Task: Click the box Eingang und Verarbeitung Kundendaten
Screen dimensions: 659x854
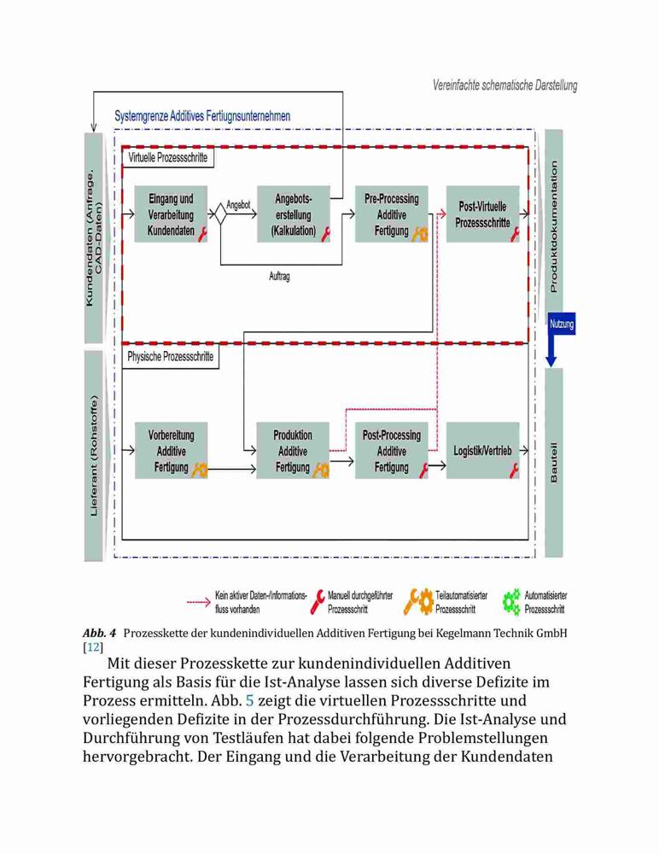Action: [x=171, y=214]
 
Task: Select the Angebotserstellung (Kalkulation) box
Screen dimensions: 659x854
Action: [x=294, y=214]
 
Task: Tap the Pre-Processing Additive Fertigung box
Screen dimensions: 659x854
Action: [x=392, y=214]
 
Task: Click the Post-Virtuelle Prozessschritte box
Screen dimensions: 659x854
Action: [x=482, y=214]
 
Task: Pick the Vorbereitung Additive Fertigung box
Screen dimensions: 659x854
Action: [x=171, y=450]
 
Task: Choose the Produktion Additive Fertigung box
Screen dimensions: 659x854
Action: [x=293, y=450]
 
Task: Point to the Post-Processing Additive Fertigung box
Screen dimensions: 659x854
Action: [x=392, y=450]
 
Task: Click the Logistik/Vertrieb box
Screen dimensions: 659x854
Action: [x=482, y=450]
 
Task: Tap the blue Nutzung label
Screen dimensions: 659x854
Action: [x=562, y=324]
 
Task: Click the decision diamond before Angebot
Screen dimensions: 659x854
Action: [x=220, y=214]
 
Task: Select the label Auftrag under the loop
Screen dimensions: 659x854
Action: [x=279, y=276]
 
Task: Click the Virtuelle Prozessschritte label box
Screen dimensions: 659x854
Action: [x=168, y=157]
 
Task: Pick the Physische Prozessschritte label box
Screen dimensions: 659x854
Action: [x=171, y=357]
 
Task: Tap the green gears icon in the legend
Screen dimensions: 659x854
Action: [x=511, y=602]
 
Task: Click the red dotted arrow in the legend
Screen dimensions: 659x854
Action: [x=199, y=602]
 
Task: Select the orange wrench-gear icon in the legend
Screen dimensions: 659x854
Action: [x=418, y=602]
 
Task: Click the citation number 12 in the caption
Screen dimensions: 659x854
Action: [x=93, y=647]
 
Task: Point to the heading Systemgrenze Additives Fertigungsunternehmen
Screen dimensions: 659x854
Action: [x=202, y=116]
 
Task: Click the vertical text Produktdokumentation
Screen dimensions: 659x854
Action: [x=554, y=226]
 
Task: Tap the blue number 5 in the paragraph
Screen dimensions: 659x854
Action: [x=250, y=700]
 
